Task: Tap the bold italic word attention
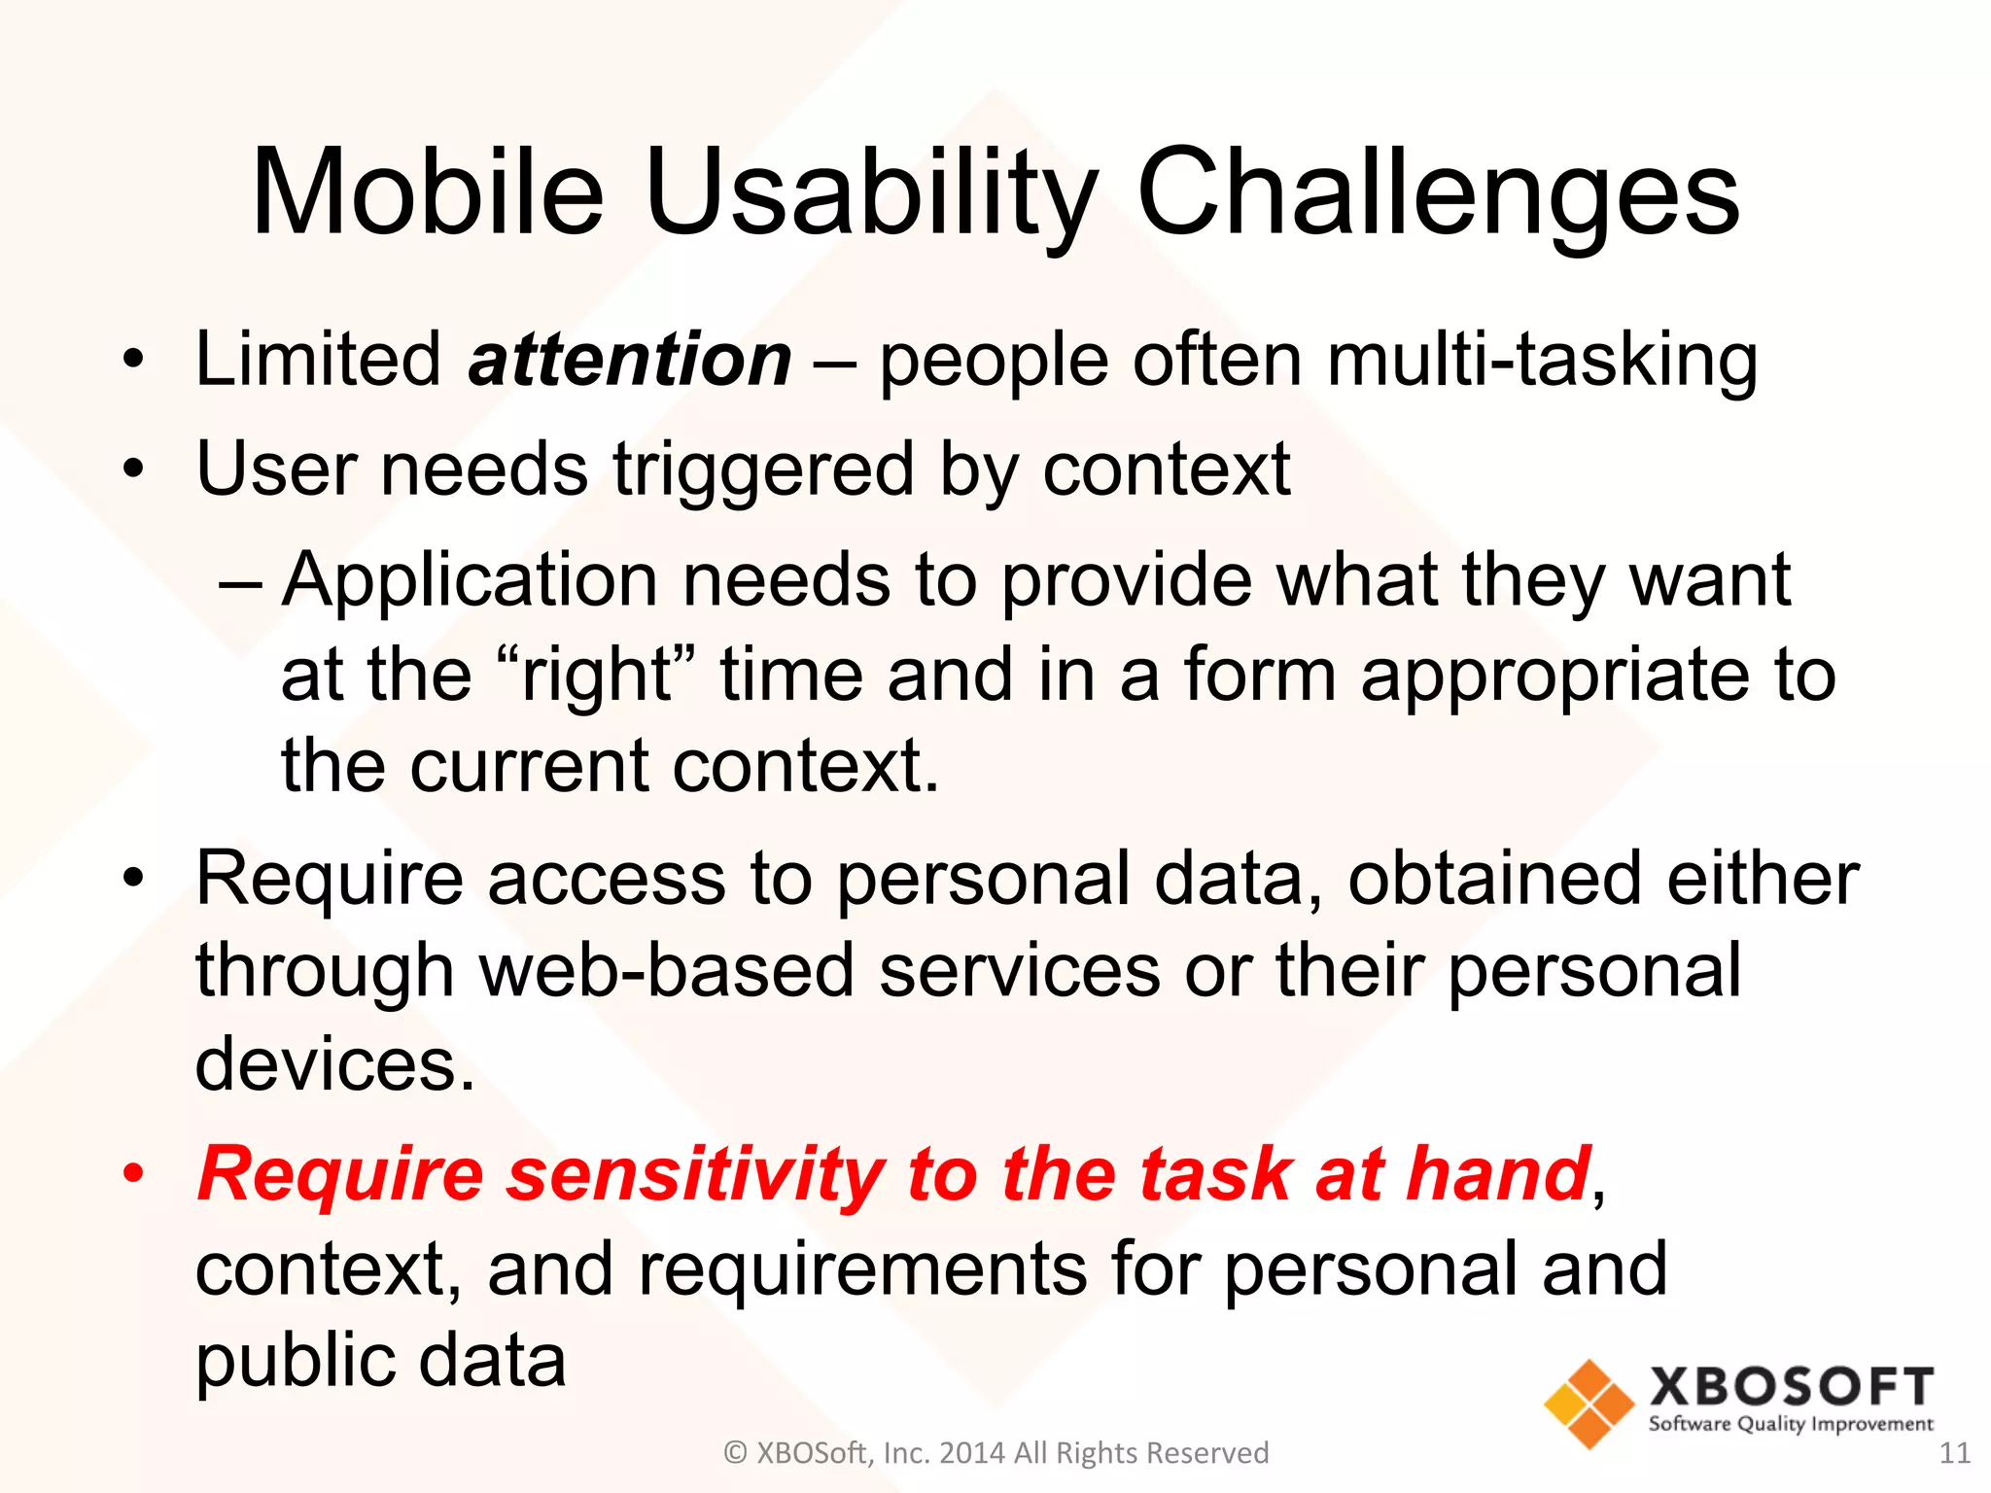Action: (x=630, y=360)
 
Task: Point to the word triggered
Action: (x=763, y=470)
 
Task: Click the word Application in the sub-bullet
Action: (x=470, y=580)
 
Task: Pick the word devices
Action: (x=333, y=1064)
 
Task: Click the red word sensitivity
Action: (x=695, y=1174)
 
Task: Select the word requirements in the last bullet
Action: (x=860, y=1269)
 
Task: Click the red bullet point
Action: (x=133, y=1175)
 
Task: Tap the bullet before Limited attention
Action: (x=133, y=361)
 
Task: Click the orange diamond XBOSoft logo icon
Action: (x=1589, y=1404)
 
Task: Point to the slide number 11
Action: (x=1954, y=1453)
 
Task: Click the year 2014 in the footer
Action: (x=973, y=1453)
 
